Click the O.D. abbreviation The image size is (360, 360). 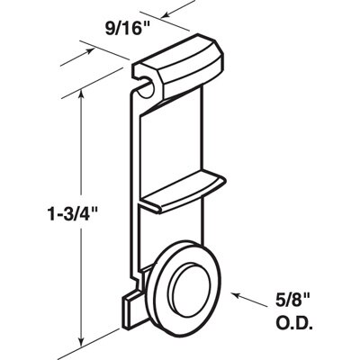coord(294,323)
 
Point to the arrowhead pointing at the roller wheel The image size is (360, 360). coord(238,295)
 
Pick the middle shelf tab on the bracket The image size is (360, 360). coord(183,192)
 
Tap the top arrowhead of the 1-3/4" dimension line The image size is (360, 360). coord(81,95)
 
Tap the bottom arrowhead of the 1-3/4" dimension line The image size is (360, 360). coord(81,341)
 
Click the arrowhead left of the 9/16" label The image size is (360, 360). coord(89,51)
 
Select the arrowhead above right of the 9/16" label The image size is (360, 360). coord(166,14)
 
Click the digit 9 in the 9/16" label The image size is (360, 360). coord(110,30)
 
